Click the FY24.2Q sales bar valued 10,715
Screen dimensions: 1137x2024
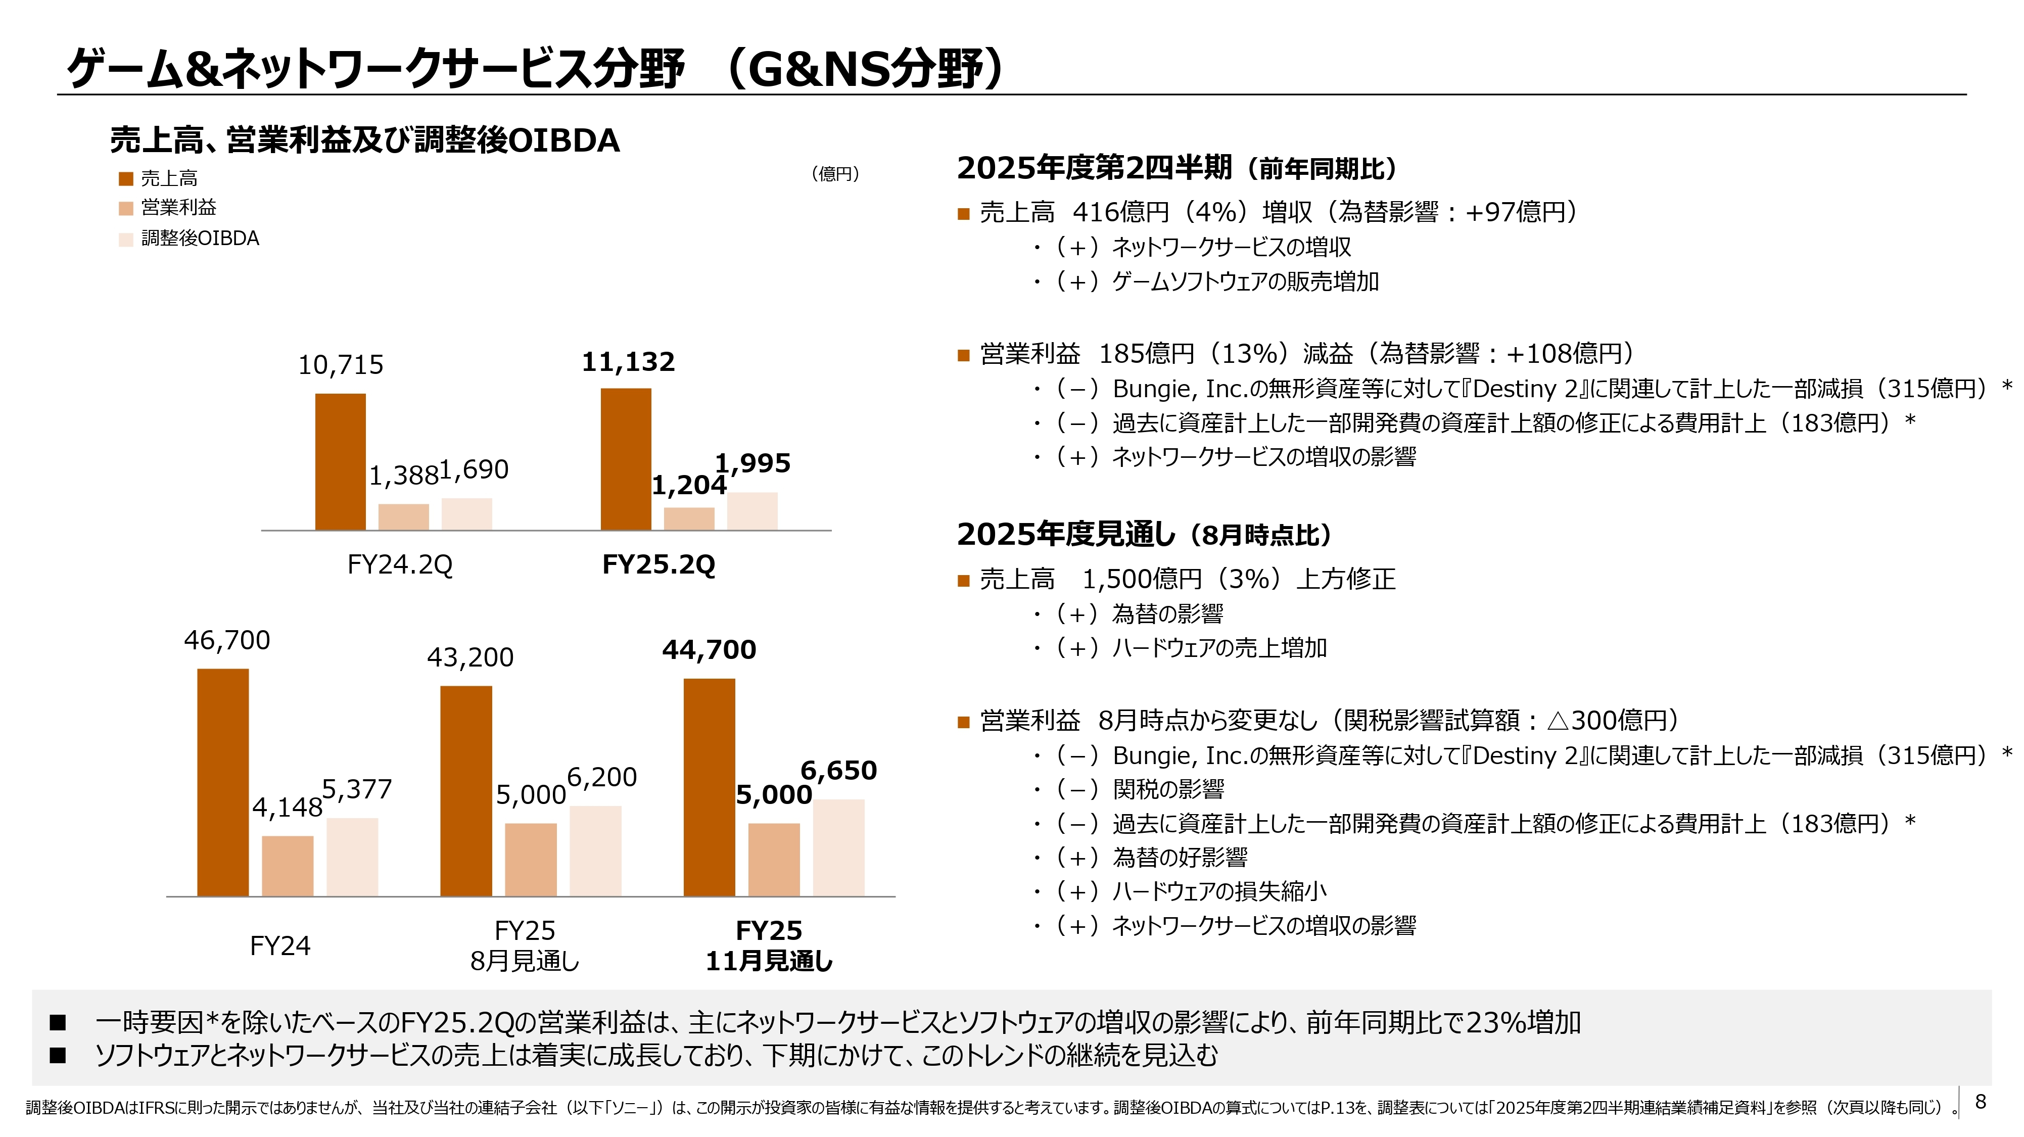click(x=340, y=462)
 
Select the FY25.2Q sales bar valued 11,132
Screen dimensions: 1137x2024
click(x=626, y=460)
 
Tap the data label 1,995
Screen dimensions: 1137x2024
click(x=752, y=463)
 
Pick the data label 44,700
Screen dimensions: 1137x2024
click(x=709, y=650)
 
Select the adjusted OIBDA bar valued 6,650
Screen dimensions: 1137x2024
click(x=838, y=848)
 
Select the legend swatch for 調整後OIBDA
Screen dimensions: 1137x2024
click(x=126, y=239)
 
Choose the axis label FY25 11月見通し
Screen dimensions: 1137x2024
click(x=769, y=945)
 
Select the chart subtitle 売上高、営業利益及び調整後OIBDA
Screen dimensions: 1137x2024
click(x=364, y=140)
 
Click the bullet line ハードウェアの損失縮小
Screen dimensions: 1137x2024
click(x=1218, y=892)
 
